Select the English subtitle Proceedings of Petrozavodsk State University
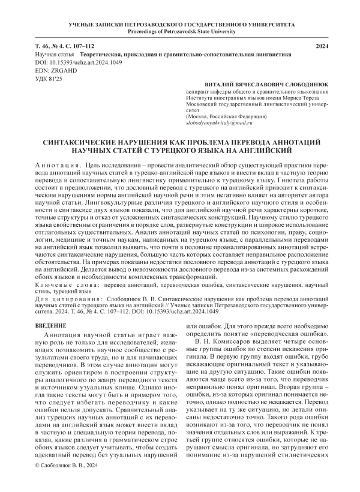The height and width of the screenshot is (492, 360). click(180, 31)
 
